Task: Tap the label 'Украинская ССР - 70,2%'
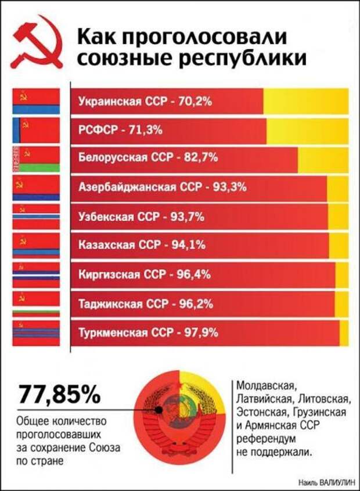(x=145, y=102)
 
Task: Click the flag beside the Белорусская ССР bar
(x=36, y=160)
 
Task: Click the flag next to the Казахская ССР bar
(x=36, y=245)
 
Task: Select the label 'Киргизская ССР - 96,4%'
(x=145, y=274)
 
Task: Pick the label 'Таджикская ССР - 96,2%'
(x=146, y=303)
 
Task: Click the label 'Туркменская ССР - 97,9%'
(x=148, y=333)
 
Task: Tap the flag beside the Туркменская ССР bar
(x=36, y=333)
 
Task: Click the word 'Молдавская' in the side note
(x=267, y=385)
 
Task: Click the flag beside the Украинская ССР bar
(x=36, y=102)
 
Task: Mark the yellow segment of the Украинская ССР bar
(x=305, y=102)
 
